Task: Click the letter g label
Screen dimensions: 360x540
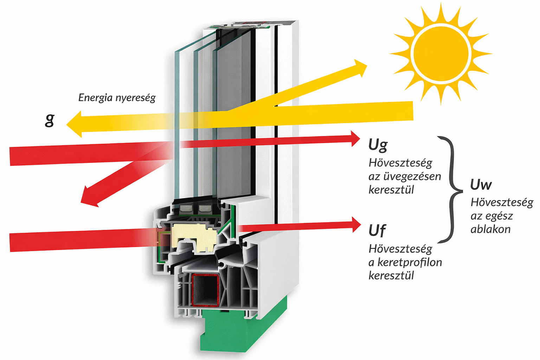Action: tap(50, 120)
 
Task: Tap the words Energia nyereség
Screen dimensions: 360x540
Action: tap(117, 98)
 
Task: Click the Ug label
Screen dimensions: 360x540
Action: tap(378, 145)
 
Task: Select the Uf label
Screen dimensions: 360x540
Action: tap(377, 231)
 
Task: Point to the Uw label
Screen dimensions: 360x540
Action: tap(481, 185)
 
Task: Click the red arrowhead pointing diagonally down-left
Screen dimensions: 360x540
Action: tap(89, 197)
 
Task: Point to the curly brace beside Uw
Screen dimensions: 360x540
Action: tap(451, 190)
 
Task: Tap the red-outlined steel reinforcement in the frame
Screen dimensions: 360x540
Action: tap(205, 290)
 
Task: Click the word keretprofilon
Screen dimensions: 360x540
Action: tap(410, 262)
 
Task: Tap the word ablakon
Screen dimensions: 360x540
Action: tap(490, 229)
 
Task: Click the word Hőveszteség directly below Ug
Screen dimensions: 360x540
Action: tap(400, 163)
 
